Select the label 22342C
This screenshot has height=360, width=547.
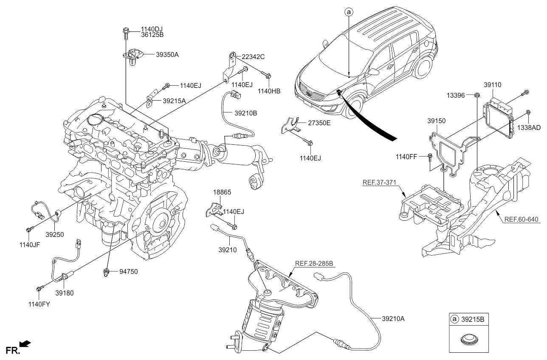coord(253,56)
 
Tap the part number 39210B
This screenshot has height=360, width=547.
coord(246,113)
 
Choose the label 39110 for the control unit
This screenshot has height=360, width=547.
coord(493,85)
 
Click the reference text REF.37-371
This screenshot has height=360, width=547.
coord(379,183)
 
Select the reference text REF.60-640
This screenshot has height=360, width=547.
coord(521,219)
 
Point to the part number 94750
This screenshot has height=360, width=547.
coord(129,271)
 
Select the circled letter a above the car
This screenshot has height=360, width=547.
coord(349,13)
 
